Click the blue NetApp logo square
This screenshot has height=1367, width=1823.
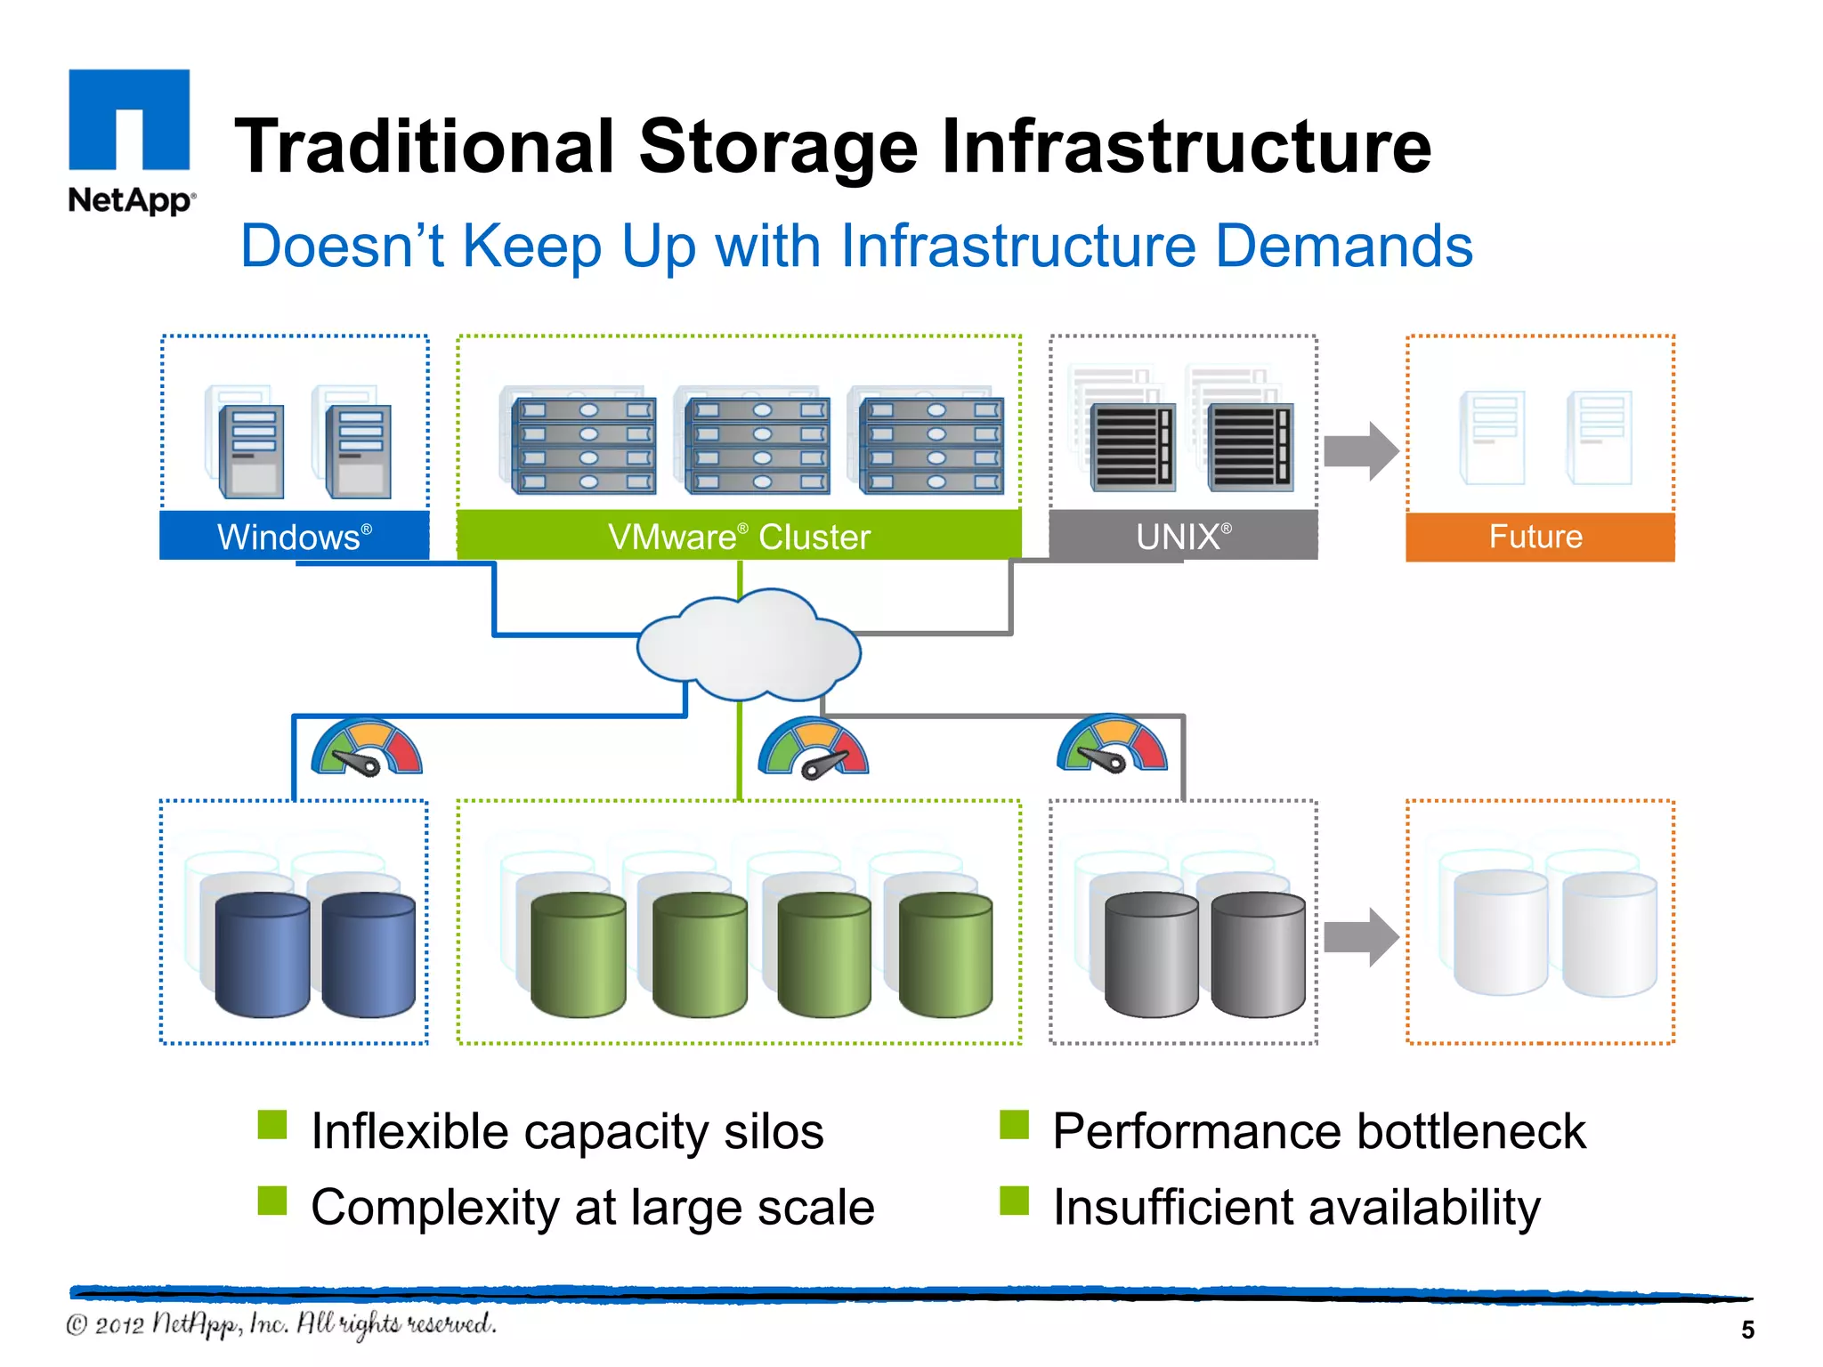click(129, 119)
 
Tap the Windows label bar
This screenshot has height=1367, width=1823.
click(294, 536)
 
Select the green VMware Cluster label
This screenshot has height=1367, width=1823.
click(739, 536)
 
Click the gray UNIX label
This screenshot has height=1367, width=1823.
click(1183, 536)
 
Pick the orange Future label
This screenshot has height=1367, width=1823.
click(1539, 537)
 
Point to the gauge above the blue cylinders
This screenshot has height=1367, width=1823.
click(367, 748)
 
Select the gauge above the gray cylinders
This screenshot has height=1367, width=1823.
click(1112, 745)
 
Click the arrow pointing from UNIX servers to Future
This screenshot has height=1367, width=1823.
click(1360, 451)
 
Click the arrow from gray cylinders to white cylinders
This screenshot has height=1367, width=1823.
click(1360, 937)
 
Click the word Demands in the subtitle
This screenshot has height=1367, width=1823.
click(1343, 247)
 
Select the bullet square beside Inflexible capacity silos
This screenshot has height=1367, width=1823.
click(272, 1125)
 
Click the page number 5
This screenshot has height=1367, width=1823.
click(1747, 1330)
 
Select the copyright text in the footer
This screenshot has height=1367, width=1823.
click(281, 1324)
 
